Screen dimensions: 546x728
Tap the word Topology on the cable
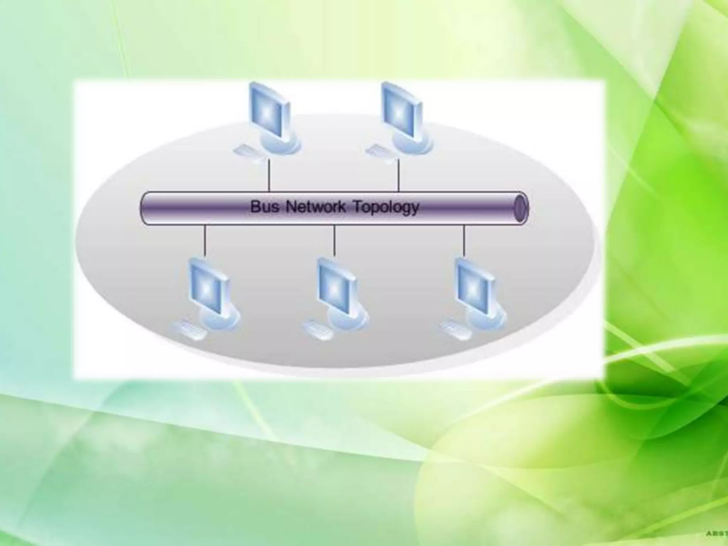coord(386,207)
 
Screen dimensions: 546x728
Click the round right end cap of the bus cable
coord(521,208)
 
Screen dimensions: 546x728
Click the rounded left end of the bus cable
coord(144,208)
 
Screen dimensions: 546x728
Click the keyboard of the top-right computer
coord(380,152)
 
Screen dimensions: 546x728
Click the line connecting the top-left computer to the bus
coord(269,176)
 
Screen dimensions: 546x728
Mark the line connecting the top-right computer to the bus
coord(398,176)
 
